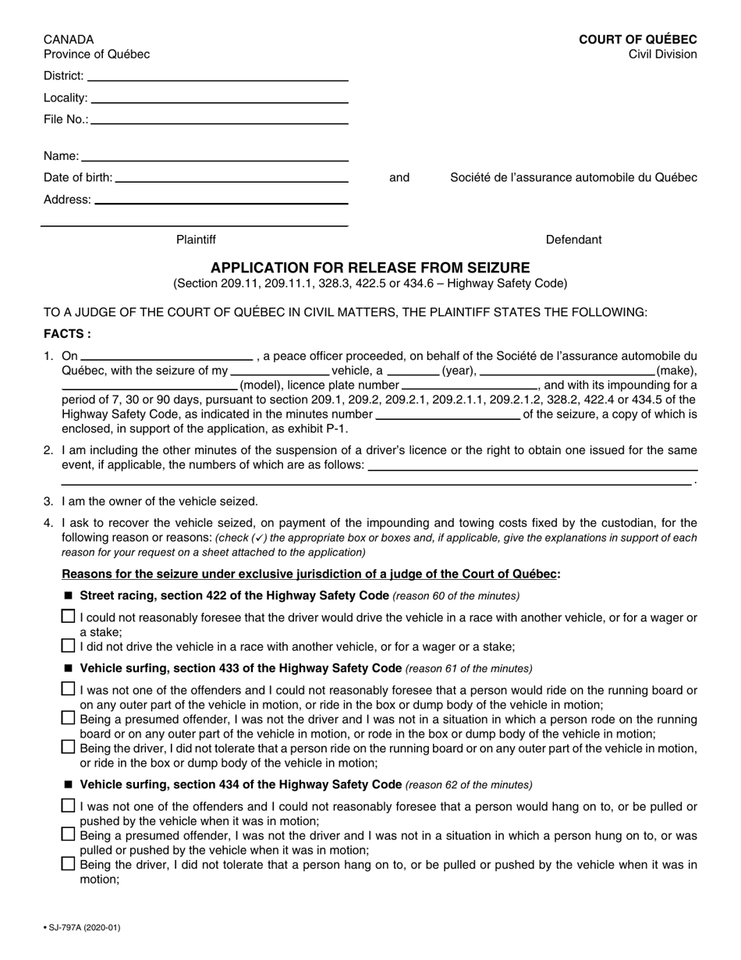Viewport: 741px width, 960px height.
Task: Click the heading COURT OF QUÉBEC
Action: coord(637,40)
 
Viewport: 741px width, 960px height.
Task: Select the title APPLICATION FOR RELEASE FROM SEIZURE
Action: coord(370,268)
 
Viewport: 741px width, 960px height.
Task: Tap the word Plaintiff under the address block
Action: coord(196,240)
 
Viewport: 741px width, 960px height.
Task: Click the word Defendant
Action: coord(573,240)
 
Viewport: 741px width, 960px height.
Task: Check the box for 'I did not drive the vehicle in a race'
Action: coord(69,645)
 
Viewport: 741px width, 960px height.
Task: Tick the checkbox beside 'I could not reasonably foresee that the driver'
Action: coord(69,617)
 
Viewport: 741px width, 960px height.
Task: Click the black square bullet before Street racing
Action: coord(69,596)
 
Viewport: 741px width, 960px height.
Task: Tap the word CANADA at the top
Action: coord(69,40)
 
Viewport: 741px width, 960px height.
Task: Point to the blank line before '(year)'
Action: coord(413,372)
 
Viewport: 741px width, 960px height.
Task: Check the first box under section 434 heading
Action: coord(69,805)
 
